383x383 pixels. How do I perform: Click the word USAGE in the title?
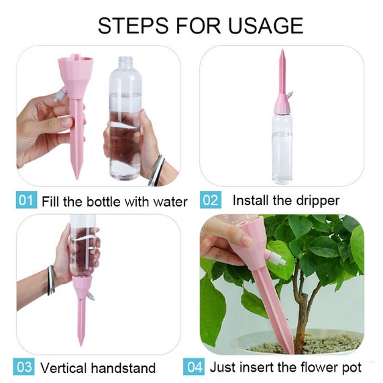coord(266,25)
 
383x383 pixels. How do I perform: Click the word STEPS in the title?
coord(133,25)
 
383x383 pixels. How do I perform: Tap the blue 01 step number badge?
coord(26,200)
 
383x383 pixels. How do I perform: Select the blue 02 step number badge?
coord(211,200)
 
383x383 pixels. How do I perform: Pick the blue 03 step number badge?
coord(23,367)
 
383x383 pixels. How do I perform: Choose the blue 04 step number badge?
coord(194,367)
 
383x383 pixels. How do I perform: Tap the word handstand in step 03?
coord(123,368)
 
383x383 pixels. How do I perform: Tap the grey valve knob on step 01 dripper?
coord(58,96)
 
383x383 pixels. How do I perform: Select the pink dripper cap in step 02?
coord(282,104)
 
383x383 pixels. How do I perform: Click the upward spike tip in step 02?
coord(282,51)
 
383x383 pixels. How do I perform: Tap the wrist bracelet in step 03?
coord(51,280)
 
